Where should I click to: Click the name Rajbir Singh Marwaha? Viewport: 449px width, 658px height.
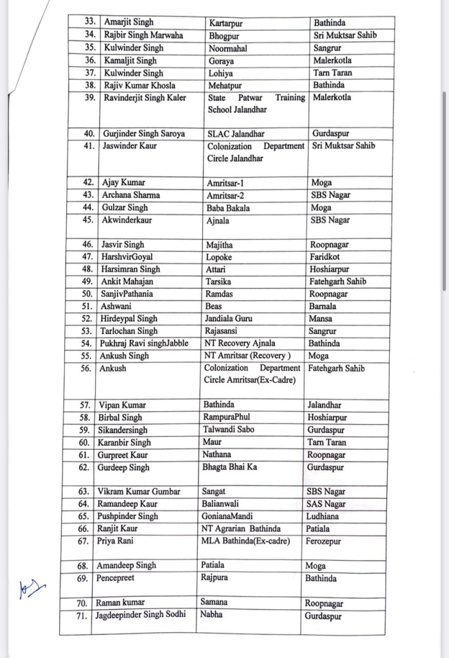[x=143, y=35]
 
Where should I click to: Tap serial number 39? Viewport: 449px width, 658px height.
[x=91, y=98]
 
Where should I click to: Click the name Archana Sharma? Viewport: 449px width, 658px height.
[x=131, y=195]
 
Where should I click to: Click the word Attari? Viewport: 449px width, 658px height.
[x=216, y=269]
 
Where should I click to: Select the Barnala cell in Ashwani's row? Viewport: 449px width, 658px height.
[x=324, y=307]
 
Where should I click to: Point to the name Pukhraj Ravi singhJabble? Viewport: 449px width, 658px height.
[x=144, y=343]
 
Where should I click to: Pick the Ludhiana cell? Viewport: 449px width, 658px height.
[x=326, y=516]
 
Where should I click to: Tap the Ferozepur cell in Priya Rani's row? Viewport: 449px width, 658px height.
[x=324, y=541]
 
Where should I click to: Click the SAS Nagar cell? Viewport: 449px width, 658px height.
[x=326, y=504]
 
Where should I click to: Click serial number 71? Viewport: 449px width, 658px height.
[x=84, y=615]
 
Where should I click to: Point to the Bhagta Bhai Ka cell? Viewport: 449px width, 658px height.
[x=230, y=467]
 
